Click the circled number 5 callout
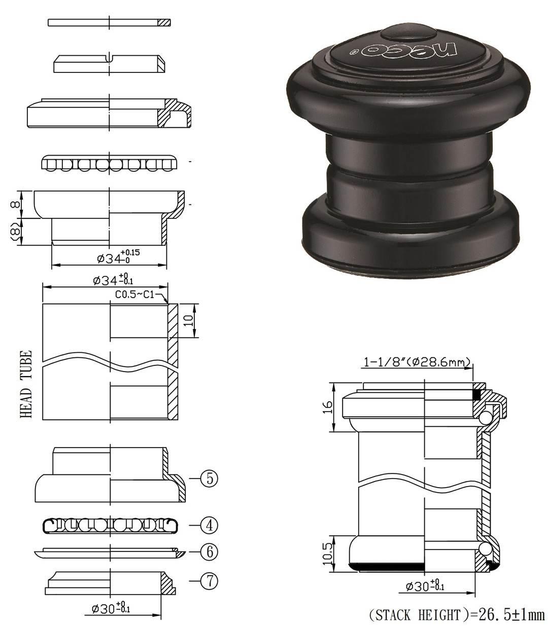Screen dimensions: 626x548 pos(209,478)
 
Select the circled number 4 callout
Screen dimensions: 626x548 pos(209,525)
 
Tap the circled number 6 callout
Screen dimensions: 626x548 pos(209,552)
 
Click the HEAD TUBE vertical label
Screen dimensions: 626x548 pos(25,384)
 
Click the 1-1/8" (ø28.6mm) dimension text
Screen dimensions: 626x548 pos(417,362)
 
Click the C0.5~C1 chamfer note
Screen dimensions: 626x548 pos(134,296)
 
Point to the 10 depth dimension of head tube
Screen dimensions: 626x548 pos(189,320)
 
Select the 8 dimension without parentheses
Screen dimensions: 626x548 pos(16,204)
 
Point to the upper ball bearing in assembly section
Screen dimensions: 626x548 pos(485,417)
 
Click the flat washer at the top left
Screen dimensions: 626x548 pos(109,22)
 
